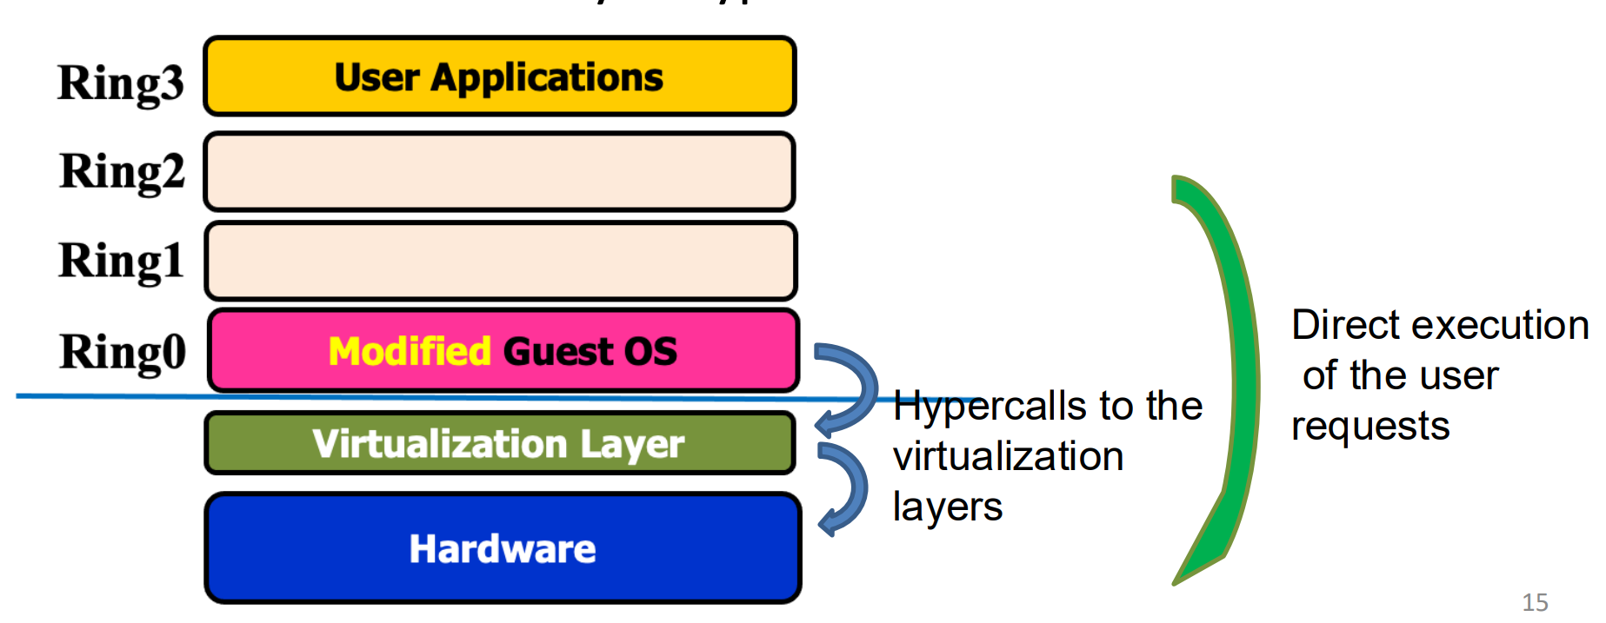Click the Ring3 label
[x=121, y=84]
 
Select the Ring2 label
[x=123, y=171]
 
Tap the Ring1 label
[x=121, y=261]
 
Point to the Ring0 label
[x=123, y=352]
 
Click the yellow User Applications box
[x=499, y=76]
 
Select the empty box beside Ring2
[x=499, y=171]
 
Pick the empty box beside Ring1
[x=500, y=261]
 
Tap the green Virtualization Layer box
[x=499, y=443]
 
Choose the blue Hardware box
[x=503, y=548]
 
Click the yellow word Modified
[x=410, y=352]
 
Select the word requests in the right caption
[x=1370, y=427]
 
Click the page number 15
[x=1535, y=602]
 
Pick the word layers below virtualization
[x=948, y=507]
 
